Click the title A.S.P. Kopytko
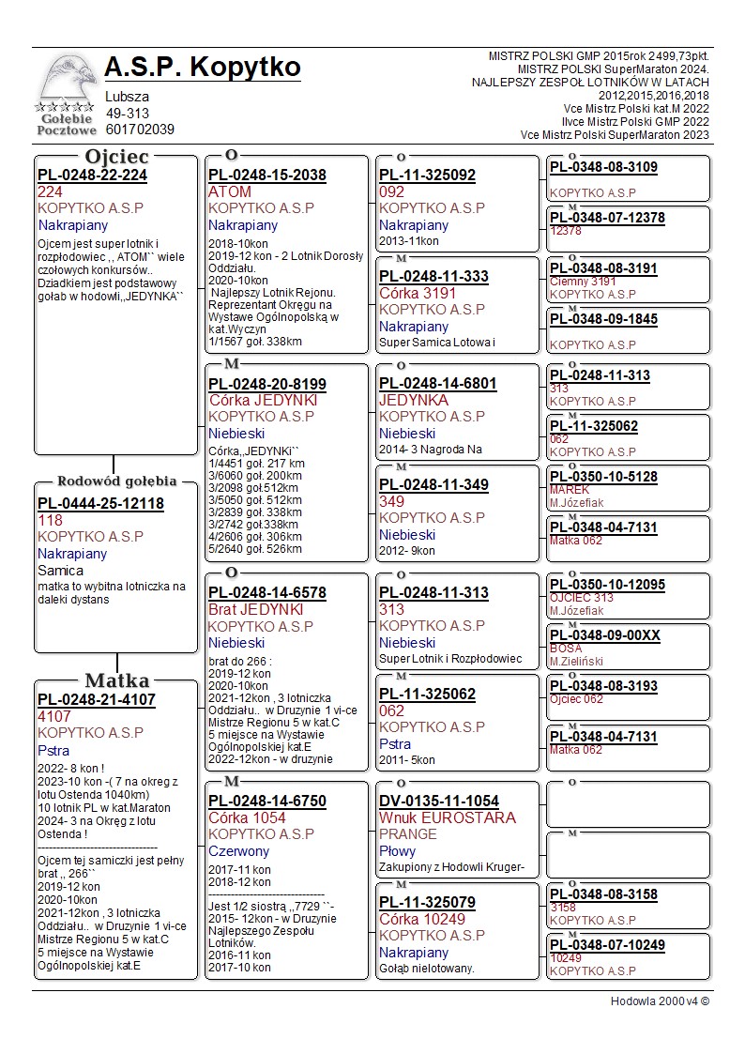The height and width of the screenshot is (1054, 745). [203, 68]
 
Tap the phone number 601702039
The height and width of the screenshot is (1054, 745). [140, 130]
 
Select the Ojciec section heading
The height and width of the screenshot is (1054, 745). [116, 156]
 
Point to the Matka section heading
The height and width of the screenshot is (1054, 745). [116, 680]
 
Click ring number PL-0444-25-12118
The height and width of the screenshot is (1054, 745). [100, 504]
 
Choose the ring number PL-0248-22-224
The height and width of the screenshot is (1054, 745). [92, 175]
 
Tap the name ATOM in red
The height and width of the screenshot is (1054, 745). [230, 191]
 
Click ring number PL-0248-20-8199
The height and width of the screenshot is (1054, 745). [267, 384]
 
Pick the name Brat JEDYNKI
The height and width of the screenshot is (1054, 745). [255, 609]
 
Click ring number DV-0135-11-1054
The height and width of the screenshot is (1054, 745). [439, 801]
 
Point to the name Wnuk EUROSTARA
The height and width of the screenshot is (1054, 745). [448, 817]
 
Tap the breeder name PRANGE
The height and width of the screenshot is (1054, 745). [408, 833]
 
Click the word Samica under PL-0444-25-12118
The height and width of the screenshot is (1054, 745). [60, 570]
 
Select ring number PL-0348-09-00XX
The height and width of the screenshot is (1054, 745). [604, 635]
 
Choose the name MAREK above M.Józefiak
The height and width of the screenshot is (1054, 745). [570, 490]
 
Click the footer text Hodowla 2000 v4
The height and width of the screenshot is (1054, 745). [660, 1001]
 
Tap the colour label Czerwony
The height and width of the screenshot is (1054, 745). [238, 851]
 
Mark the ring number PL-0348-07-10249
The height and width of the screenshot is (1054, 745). [607, 945]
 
